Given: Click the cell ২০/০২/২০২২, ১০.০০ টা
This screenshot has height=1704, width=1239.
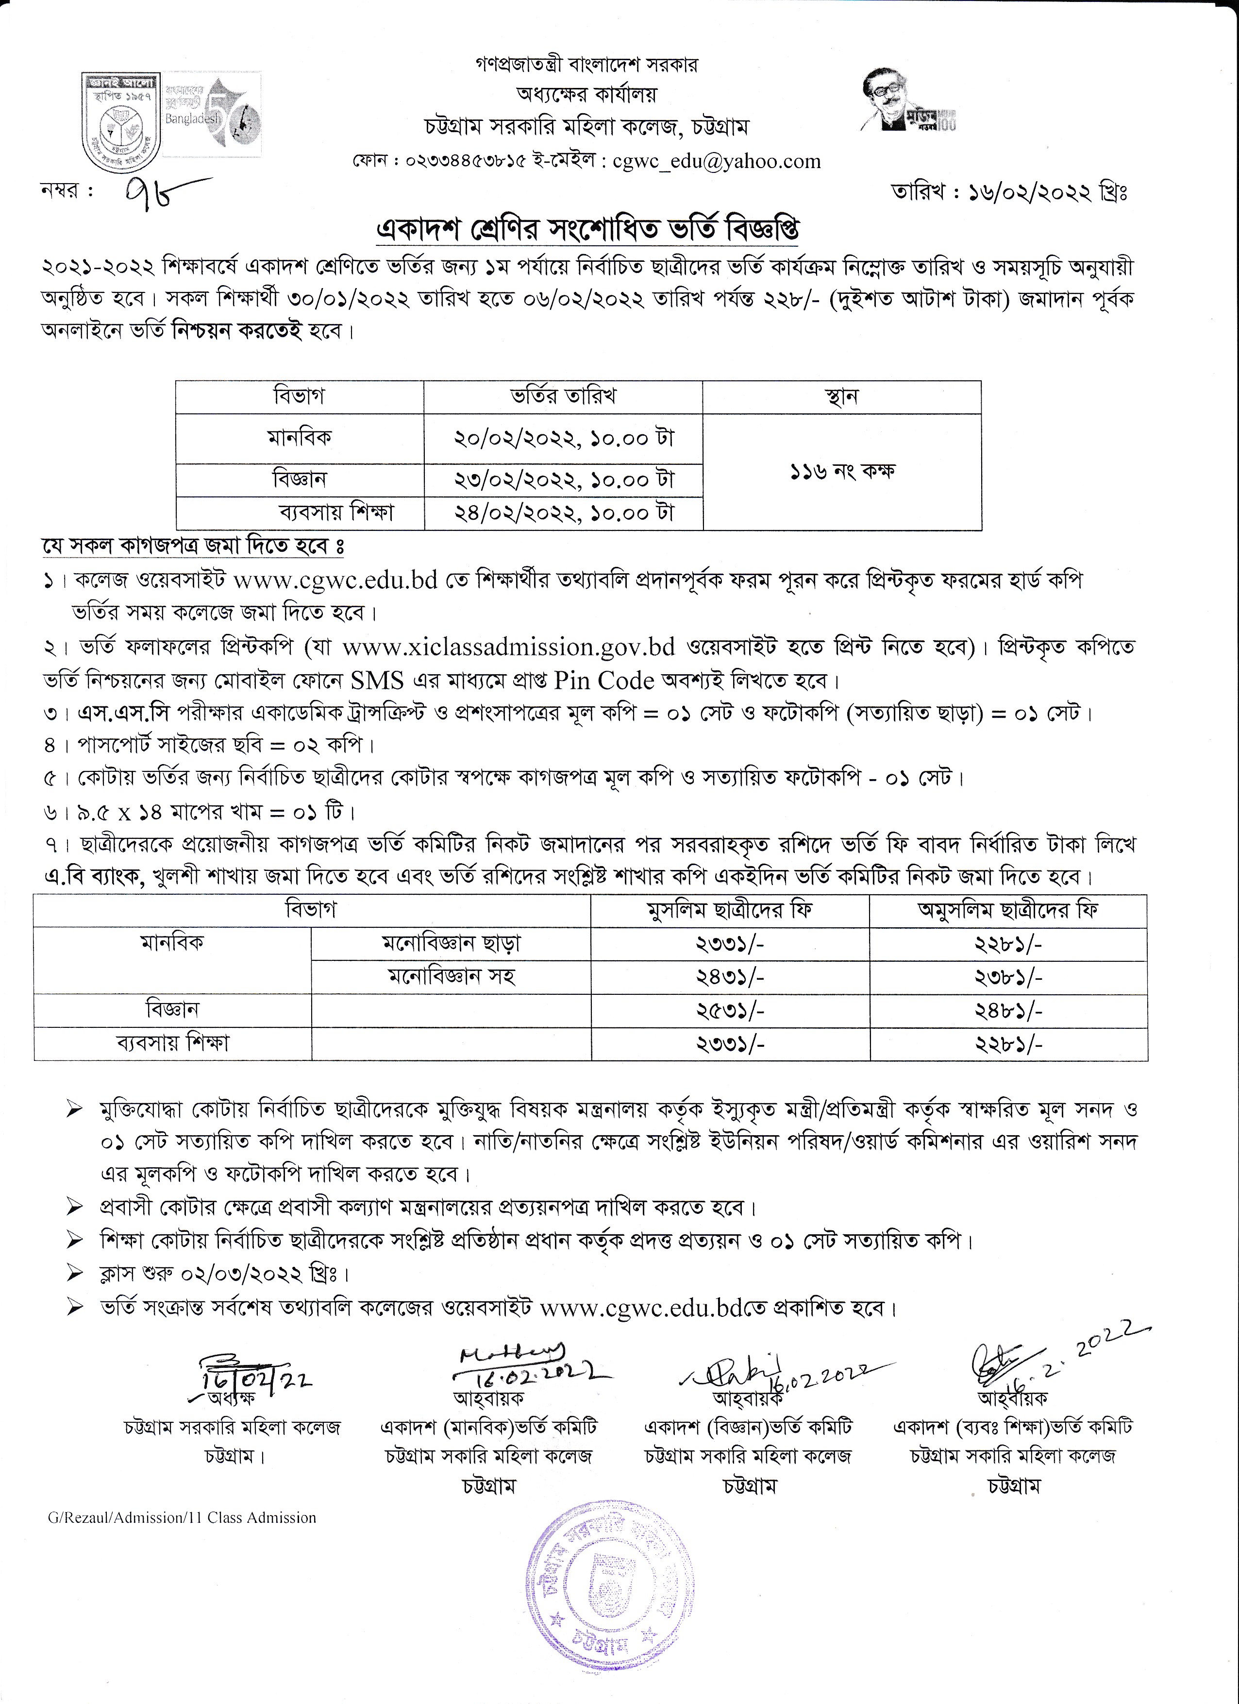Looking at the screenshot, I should click(563, 438).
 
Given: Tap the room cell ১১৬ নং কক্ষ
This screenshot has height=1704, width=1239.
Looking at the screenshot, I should click(842, 472).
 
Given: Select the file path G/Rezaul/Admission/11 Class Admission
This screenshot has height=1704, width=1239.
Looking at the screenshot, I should click(182, 1517).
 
